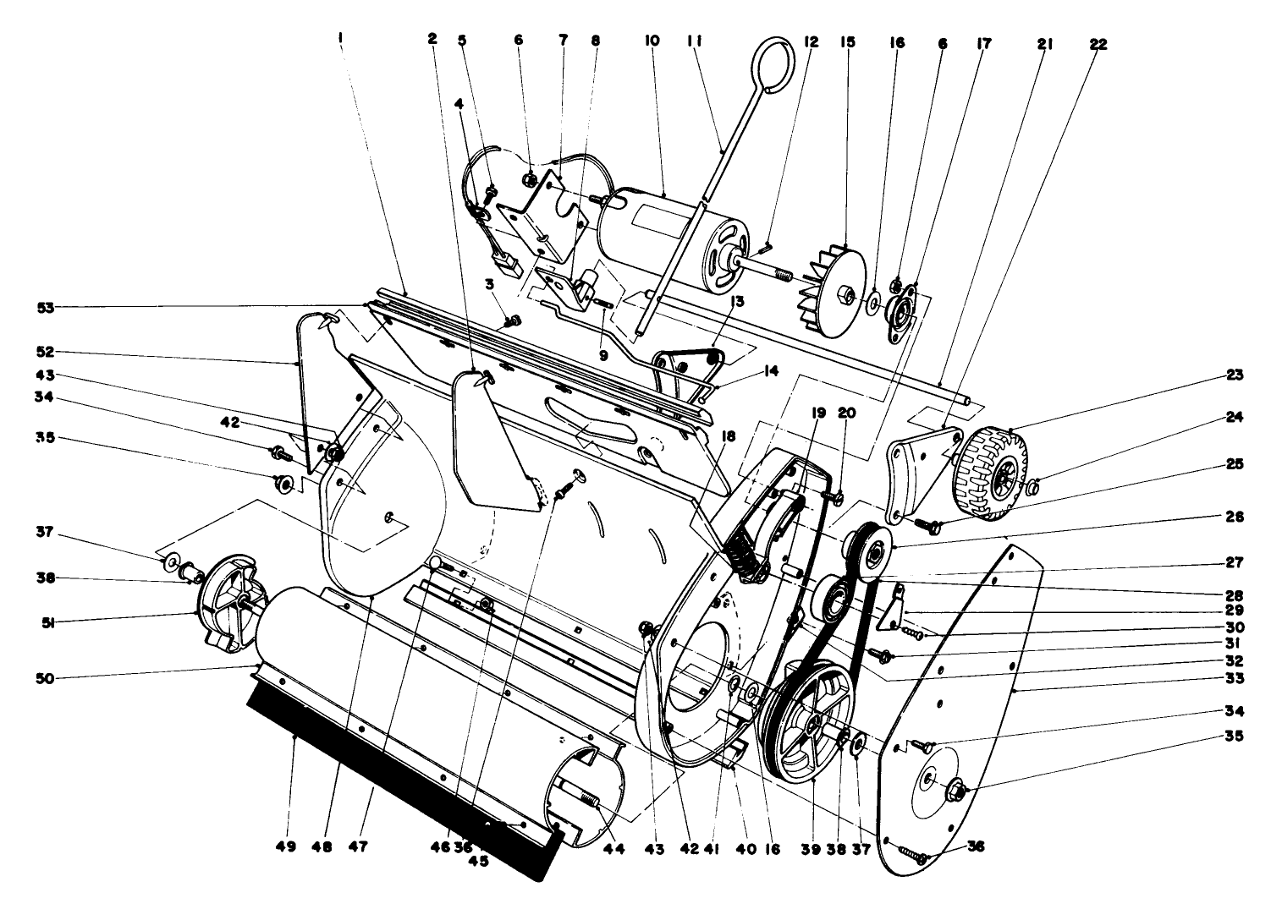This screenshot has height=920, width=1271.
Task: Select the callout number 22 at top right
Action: click(1098, 43)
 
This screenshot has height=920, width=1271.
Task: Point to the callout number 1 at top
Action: click(340, 39)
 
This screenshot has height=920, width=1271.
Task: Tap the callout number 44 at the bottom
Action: click(613, 846)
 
